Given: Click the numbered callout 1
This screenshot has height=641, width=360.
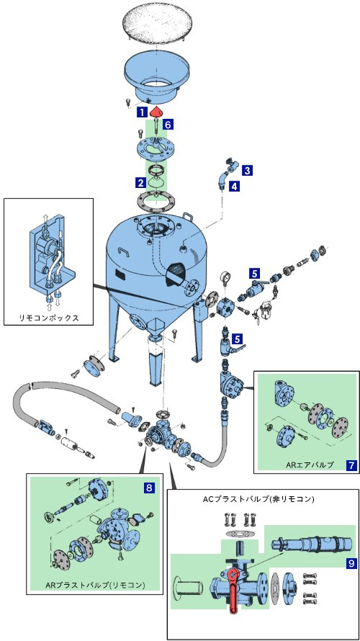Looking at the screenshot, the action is [141, 111].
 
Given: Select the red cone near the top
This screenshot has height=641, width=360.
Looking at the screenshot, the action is [156, 111].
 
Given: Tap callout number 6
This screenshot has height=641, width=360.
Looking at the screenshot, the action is [168, 125].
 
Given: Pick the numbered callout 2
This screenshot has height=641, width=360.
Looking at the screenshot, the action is [141, 183].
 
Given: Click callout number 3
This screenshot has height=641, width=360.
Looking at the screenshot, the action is [246, 170].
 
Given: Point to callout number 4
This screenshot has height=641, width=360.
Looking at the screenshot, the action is [234, 187].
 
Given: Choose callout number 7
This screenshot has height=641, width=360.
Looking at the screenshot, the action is [351, 465].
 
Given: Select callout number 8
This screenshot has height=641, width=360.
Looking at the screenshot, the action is [150, 487].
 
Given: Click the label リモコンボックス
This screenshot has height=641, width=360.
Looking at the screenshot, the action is [49, 318].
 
